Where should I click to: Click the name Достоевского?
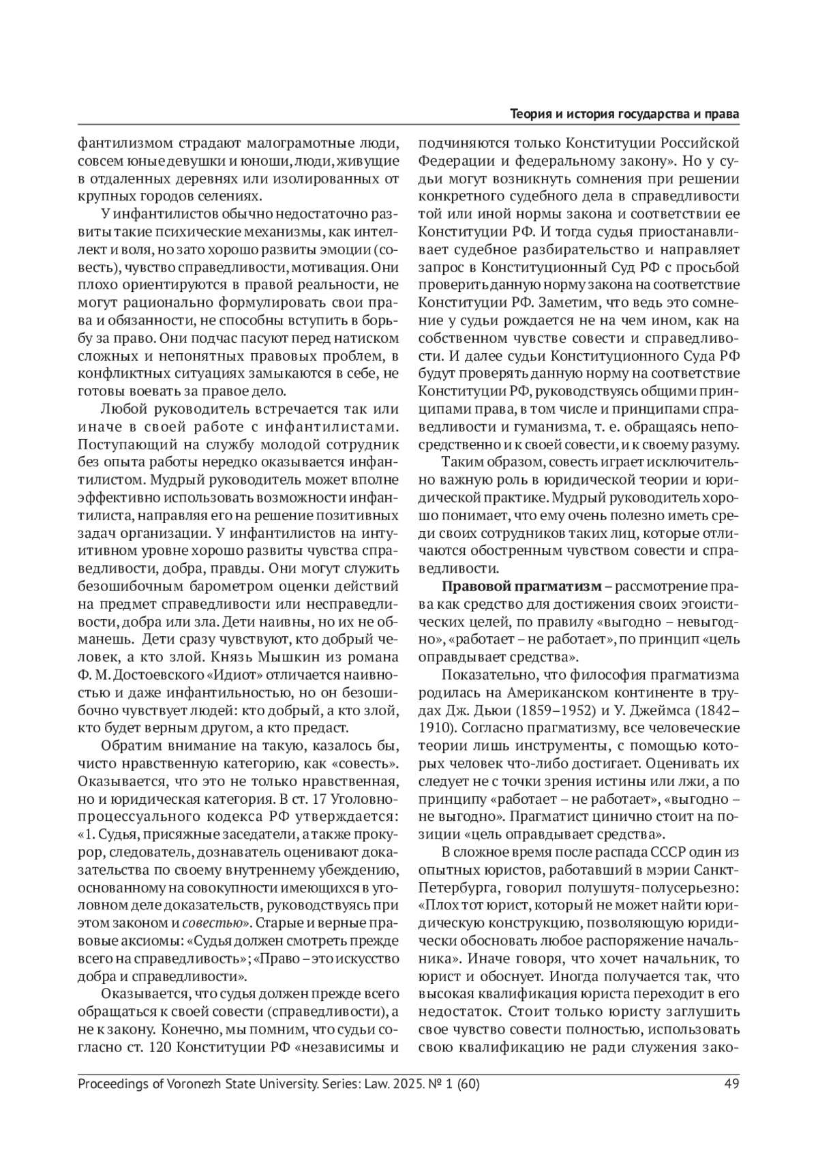click(156, 675)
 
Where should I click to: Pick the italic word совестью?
click(213, 923)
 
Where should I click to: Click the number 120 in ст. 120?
click(158, 1047)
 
